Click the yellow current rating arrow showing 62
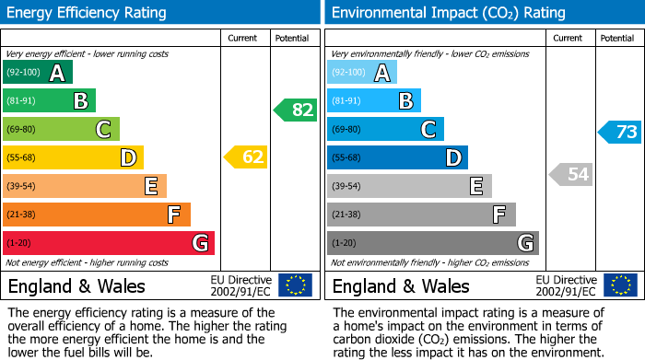(246, 157)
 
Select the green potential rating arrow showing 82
(296, 110)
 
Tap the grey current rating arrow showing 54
(570, 174)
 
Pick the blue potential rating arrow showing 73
(620, 132)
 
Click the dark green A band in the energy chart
(37, 73)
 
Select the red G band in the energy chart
(108, 243)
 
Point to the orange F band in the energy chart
(96, 215)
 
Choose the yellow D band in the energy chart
(73, 157)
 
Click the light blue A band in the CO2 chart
(361, 73)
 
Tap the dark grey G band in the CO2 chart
(432, 243)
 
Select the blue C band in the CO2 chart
(385, 129)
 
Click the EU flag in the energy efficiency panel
(295, 285)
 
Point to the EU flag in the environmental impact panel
(619, 285)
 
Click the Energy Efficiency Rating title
(87, 13)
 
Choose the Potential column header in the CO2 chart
(616, 38)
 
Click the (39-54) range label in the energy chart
(20, 186)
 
